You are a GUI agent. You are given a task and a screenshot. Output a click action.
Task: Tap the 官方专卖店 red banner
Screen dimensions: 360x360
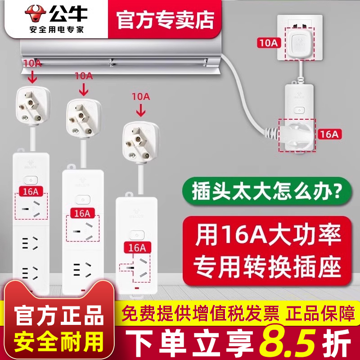(x=165, y=19)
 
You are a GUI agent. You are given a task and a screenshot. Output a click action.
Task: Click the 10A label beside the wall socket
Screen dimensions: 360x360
(x=269, y=43)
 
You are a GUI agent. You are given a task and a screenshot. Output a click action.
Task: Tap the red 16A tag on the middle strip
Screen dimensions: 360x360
(x=83, y=212)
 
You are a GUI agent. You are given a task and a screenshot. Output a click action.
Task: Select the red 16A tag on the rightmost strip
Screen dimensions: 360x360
(x=136, y=247)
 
